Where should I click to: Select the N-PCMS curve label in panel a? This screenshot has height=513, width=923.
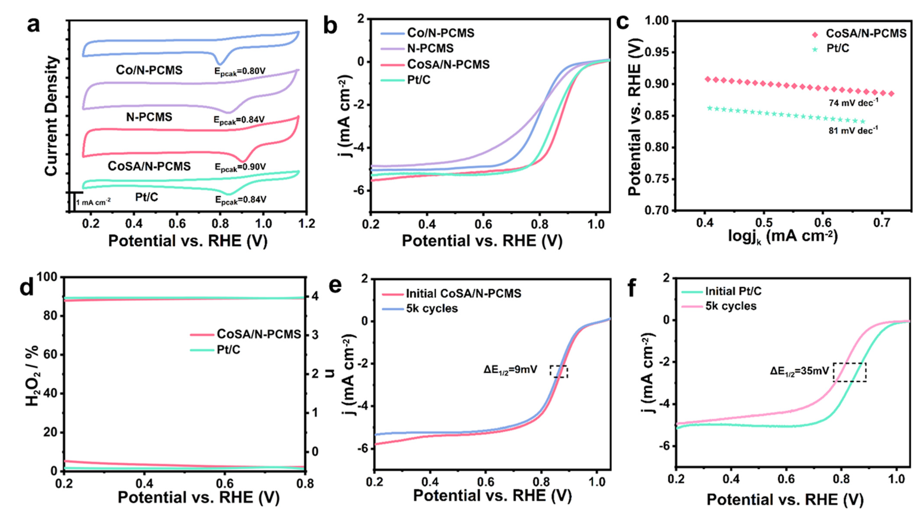[149, 117]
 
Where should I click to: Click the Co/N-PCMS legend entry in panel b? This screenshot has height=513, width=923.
[440, 33]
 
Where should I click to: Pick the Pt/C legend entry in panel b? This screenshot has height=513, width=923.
[418, 80]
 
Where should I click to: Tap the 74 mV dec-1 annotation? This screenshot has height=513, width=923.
[853, 103]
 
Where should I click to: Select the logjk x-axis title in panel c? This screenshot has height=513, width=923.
[783, 237]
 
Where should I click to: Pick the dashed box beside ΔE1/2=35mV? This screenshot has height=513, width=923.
[849, 372]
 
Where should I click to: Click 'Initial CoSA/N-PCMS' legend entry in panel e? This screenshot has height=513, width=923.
[463, 294]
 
